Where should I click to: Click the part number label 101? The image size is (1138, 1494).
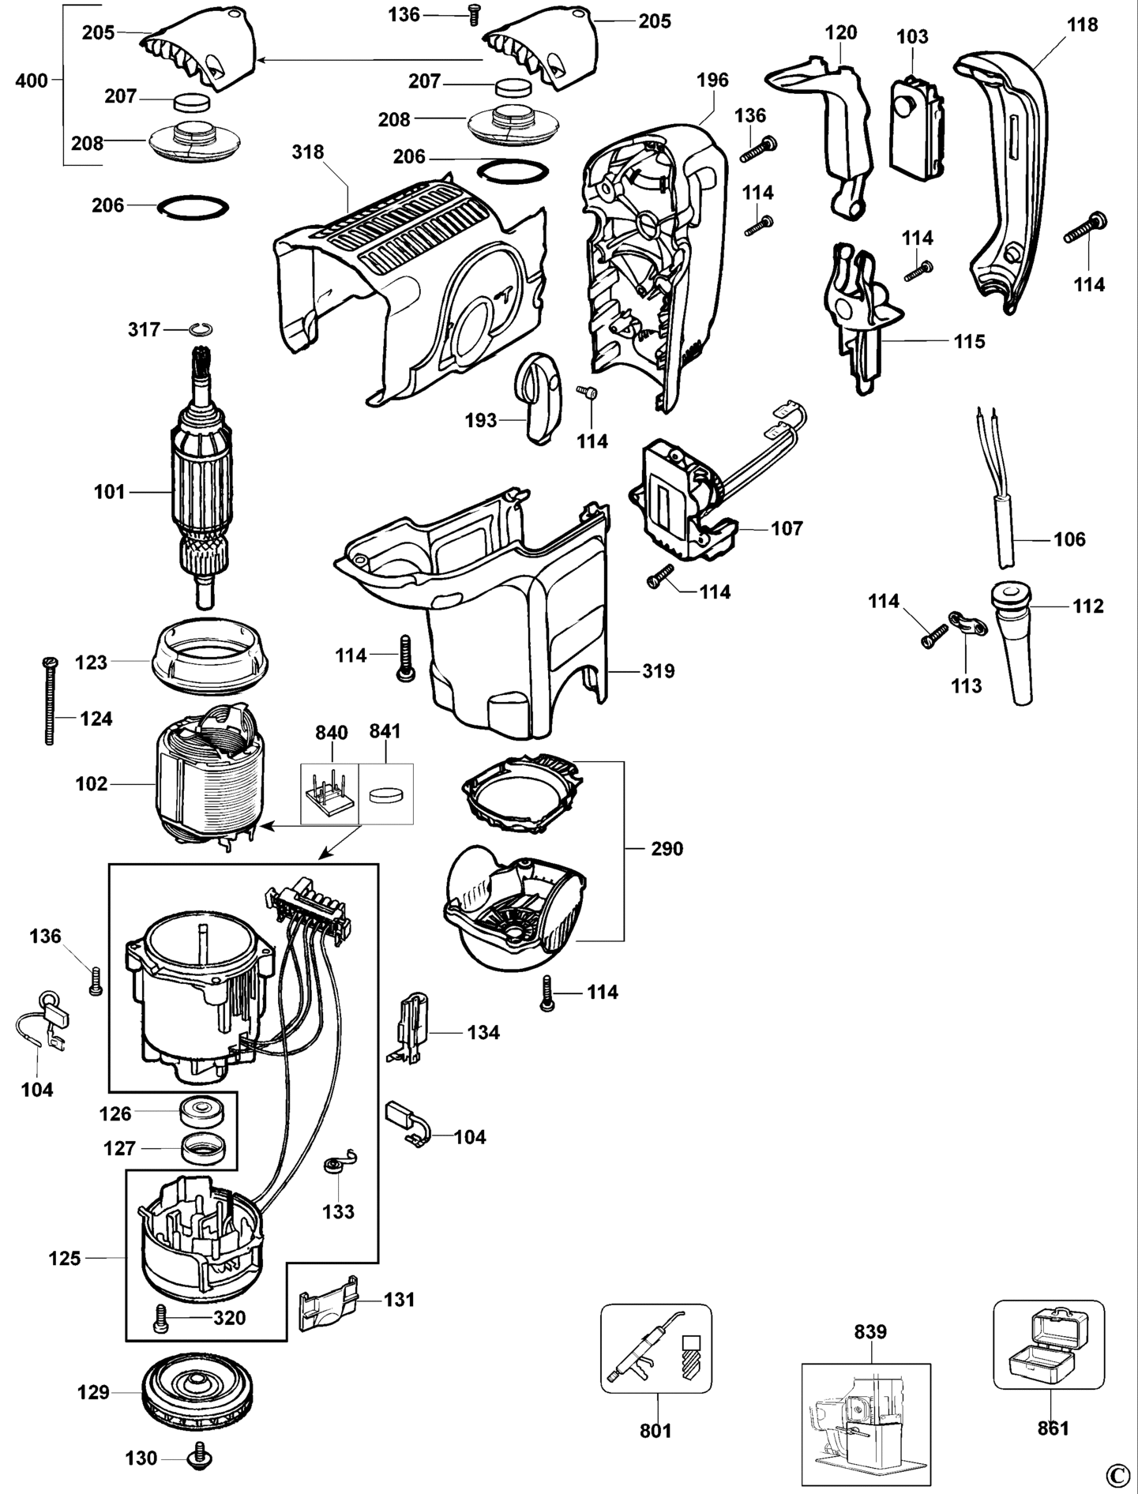pos(110,492)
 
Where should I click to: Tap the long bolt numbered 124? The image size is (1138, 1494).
pos(49,700)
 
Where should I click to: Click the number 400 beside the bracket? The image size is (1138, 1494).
pos(32,80)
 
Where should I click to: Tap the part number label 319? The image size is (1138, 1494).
pos(659,671)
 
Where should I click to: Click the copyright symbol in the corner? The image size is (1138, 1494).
pos(1117,1474)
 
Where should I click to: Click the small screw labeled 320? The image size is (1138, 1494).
pos(162,1317)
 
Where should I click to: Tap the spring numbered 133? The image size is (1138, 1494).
pos(340,1165)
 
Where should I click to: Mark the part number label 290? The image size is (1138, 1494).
pos(667,849)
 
